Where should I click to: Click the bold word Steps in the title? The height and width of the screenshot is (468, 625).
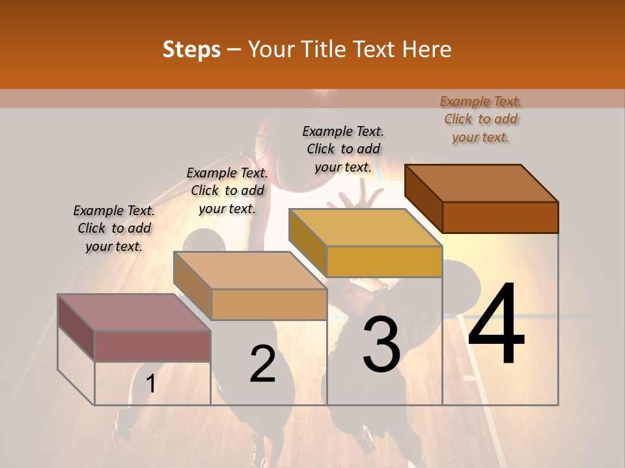tap(191, 49)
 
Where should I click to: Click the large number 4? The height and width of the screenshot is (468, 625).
tap(496, 326)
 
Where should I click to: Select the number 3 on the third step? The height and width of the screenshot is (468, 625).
tap(382, 344)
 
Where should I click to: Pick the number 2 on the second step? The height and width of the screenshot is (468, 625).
tap(263, 364)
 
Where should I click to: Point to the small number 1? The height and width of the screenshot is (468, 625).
tap(151, 384)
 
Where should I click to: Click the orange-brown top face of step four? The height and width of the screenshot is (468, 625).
tap(481, 183)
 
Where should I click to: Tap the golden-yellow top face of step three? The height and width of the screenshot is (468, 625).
tap(365, 227)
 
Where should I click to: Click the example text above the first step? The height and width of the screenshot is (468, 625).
tap(114, 228)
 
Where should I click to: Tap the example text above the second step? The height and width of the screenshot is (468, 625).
tap(227, 190)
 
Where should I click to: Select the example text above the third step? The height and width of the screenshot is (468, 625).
tap(343, 149)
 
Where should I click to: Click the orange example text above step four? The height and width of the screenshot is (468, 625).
tap(480, 119)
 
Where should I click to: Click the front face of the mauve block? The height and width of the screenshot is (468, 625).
tap(152, 346)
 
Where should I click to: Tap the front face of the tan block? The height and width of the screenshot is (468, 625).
tap(269, 304)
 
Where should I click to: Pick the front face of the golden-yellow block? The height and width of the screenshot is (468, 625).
tap(384, 261)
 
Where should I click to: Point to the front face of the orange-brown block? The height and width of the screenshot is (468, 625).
tap(500, 217)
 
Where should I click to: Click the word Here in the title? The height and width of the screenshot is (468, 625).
tap(427, 49)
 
